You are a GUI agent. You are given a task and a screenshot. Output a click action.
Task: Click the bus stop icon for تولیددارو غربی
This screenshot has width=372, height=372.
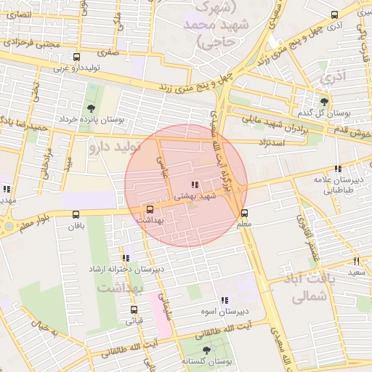[x=76, y=57]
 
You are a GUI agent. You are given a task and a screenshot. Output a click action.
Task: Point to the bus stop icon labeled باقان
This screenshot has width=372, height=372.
[x=76, y=214]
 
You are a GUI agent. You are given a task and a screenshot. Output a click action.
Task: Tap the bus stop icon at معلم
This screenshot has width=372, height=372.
[x=244, y=213]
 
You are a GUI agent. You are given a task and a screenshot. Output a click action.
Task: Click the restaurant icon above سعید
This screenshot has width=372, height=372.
[x=356, y=260]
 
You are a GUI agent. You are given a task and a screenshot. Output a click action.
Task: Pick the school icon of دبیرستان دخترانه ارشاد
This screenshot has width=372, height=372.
[x=126, y=257]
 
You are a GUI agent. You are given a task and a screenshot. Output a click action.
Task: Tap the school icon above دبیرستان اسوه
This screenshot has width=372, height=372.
[x=224, y=299]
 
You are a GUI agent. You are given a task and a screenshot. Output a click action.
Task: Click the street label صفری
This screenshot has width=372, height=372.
[x=109, y=52]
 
